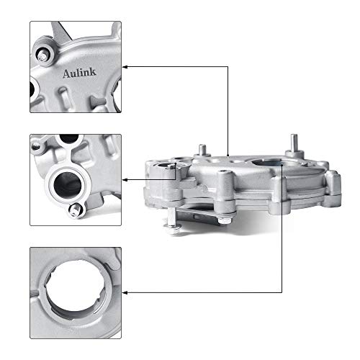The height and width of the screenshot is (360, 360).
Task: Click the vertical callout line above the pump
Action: pos(228,108)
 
